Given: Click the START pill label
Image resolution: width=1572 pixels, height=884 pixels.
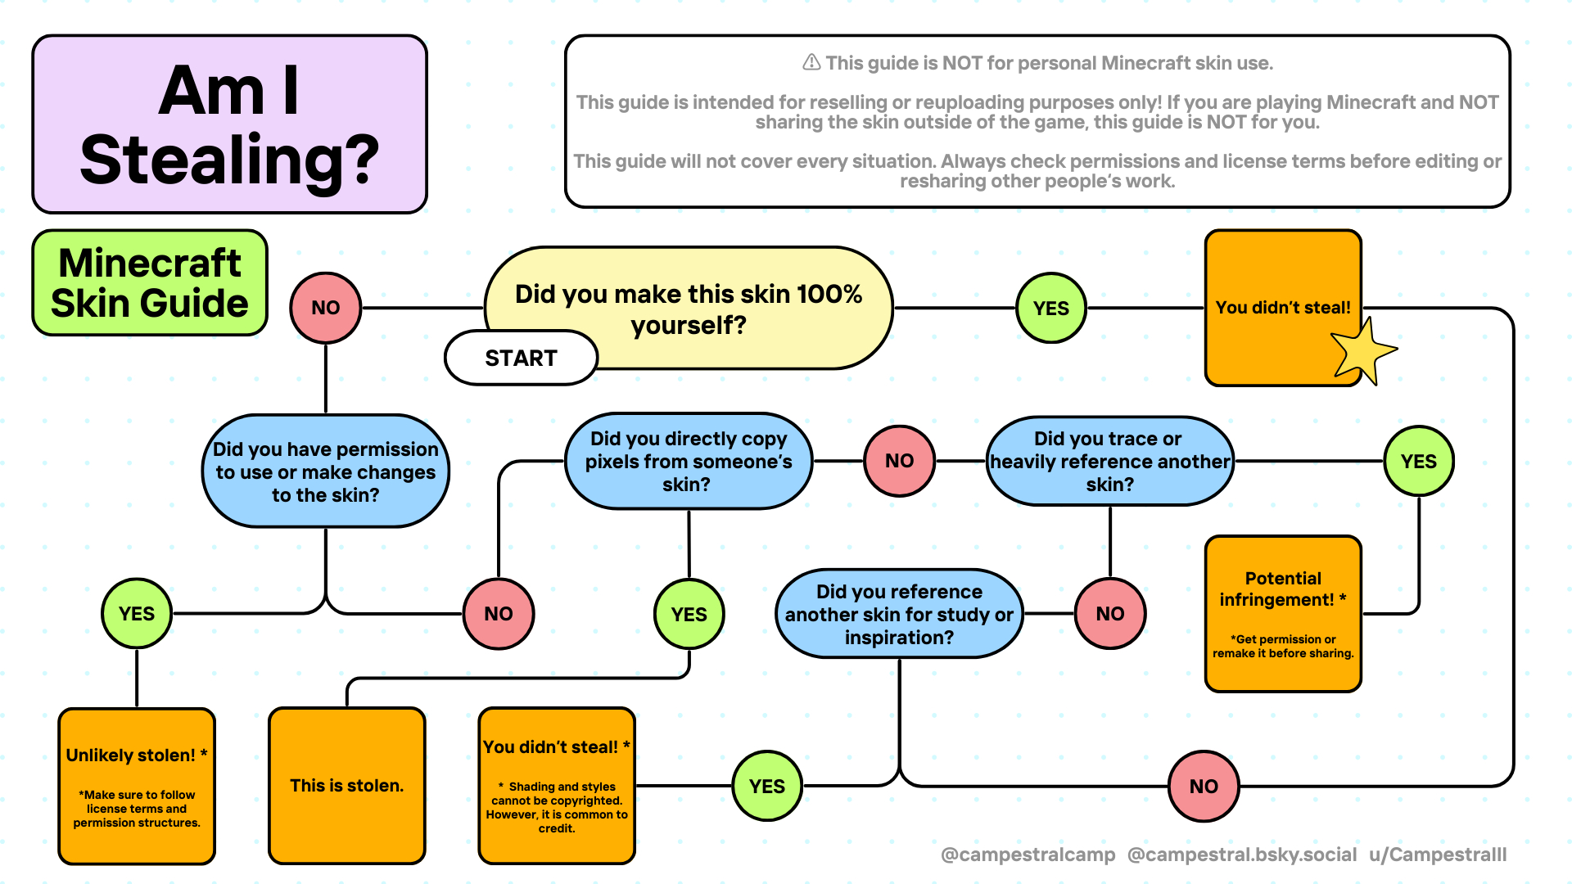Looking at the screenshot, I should point(521,358).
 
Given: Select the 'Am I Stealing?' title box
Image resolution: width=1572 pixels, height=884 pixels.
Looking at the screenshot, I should point(229,124).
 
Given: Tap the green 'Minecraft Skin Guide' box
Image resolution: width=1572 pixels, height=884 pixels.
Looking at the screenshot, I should point(150,282).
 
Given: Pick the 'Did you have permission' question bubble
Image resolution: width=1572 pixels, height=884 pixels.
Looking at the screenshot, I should point(325,471).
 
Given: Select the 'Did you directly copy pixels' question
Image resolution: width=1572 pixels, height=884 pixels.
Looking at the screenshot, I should point(688,461).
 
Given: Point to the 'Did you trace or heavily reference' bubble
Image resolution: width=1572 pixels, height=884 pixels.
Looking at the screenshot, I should point(1109,461).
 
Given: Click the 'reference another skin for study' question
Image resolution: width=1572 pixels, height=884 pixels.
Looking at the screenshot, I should point(899,614).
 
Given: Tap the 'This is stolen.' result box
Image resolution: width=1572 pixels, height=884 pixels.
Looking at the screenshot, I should point(346,785).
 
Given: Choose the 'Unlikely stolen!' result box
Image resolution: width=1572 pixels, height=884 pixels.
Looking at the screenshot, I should point(137,785).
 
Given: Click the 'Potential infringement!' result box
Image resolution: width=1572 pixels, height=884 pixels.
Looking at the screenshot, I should point(1282,614).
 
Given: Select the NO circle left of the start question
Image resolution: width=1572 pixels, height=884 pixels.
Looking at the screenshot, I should point(325,308).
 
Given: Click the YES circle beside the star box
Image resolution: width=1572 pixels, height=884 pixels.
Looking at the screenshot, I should point(1050,308).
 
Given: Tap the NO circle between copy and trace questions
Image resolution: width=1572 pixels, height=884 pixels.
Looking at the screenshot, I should point(899,461).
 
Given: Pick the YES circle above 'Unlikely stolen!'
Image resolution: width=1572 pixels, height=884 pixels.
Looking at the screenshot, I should point(137,614).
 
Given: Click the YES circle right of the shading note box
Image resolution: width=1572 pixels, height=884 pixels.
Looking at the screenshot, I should point(766,786).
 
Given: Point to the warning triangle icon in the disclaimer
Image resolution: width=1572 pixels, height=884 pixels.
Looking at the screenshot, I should point(811,62).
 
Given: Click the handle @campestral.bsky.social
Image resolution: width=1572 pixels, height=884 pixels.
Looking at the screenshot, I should point(1241,855).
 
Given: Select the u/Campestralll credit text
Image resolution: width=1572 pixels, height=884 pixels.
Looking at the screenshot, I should point(1438,855).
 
